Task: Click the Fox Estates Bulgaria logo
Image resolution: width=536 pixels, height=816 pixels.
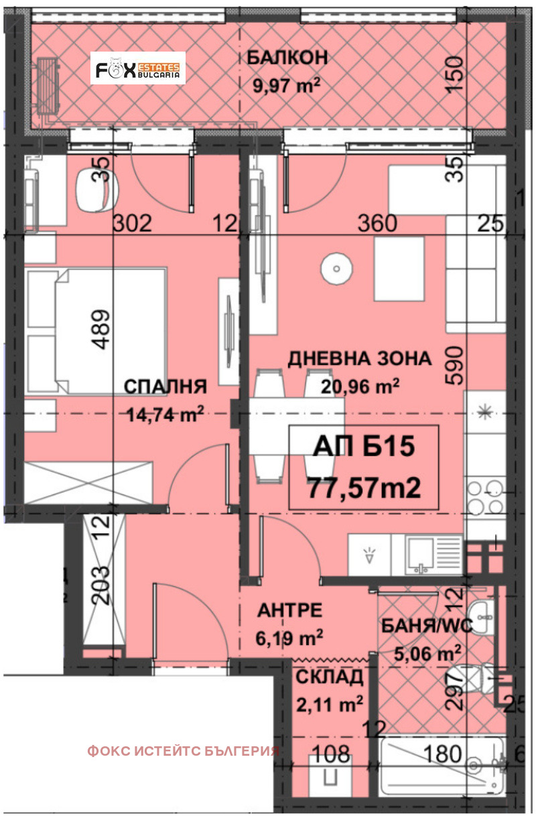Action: coord(138,68)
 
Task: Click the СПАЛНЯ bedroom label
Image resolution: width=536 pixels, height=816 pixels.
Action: coord(165,387)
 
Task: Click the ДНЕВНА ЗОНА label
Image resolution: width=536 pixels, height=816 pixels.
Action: coord(359,358)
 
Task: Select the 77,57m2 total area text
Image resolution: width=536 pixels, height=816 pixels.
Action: coord(363,488)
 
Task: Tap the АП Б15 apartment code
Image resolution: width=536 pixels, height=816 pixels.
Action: coord(363,447)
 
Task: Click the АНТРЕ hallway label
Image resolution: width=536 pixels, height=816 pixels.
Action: coord(291,610)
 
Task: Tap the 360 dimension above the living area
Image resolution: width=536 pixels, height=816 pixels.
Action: coord(377,224)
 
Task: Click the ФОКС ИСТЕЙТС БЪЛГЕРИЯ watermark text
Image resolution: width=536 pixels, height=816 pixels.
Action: coord(183,751)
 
